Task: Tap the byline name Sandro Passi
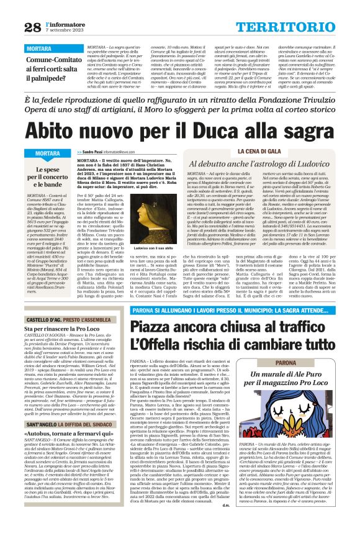tap(98, 152)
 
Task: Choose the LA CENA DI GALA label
tap(263, 152)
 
